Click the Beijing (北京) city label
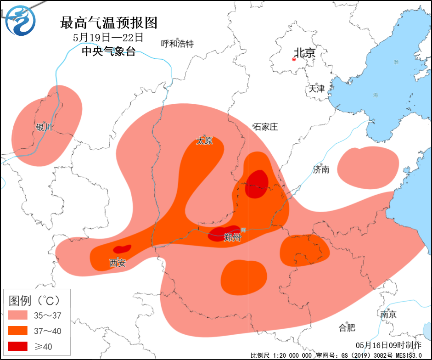pos(305,53)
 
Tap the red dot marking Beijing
pos(294,59)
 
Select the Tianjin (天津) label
pos(317,89)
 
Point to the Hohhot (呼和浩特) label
pos(177,44)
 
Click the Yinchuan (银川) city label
pos(45,127)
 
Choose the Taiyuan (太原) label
pos(204,141)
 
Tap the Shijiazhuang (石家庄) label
pos(266,127)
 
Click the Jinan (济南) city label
pos(321,169)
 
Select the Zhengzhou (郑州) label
pos(232,238)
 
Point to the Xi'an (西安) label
pos(117,263)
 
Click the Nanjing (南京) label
pos(388,315)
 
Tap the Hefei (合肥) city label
pos(347,327)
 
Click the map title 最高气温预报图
pos(109,22)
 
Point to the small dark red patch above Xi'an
pos(122,249)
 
